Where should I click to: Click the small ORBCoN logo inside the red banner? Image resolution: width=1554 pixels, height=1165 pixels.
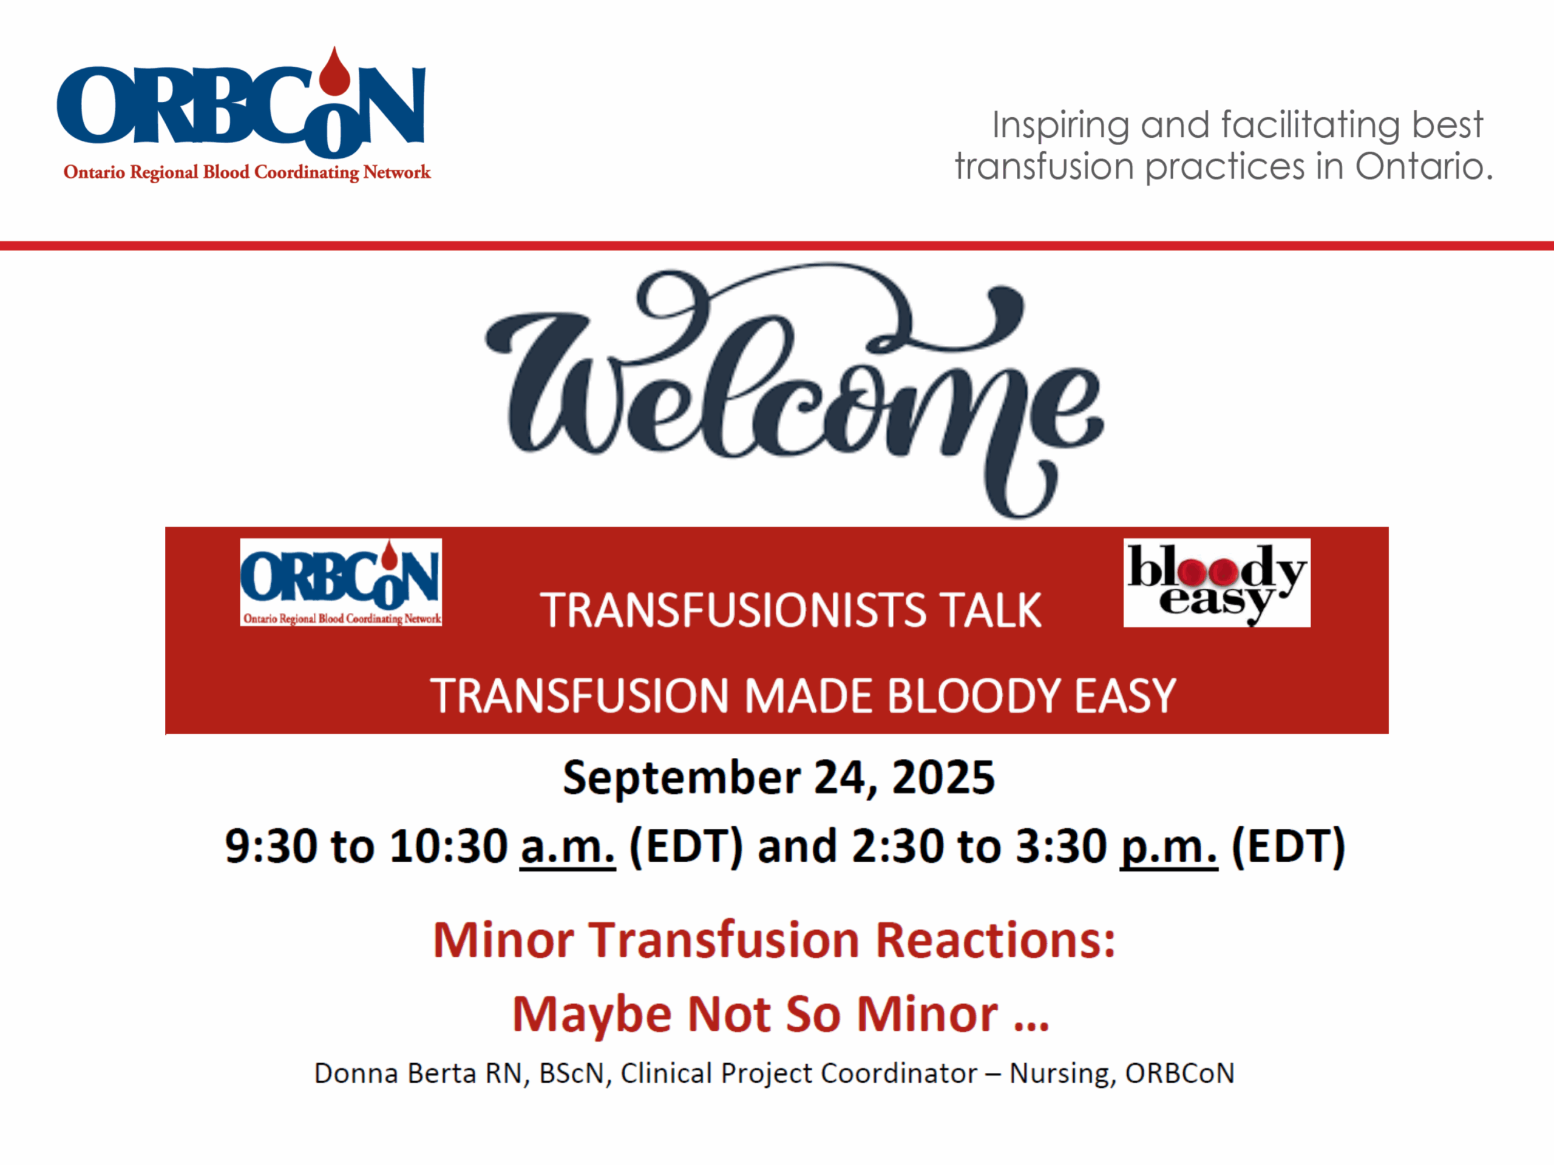point(341,582)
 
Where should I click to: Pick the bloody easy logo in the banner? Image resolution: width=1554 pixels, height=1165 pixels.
point(1216,582)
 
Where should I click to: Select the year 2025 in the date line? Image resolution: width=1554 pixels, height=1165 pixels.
point(943,777)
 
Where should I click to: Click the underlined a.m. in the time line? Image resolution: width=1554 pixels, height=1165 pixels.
point(567,846)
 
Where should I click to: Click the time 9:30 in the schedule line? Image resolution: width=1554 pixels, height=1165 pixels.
point(271,846)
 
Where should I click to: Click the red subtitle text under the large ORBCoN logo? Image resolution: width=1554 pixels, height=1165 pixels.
point(246,172)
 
